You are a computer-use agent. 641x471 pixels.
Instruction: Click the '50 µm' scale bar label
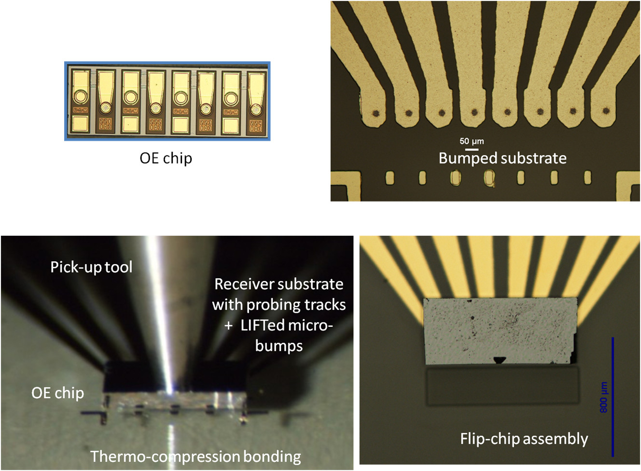[472, 141]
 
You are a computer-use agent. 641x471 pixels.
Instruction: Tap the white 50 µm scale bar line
[472, 149]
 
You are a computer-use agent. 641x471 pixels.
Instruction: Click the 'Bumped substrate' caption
[502, 158]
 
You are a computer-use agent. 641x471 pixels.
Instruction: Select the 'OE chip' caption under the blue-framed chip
[166, 158]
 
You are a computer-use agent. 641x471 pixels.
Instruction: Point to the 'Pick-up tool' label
[91, 267]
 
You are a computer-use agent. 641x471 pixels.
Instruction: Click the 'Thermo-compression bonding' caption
[195, 456]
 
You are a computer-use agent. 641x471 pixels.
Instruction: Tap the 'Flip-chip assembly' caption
[524, 439]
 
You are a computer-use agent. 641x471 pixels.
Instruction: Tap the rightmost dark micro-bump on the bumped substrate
[606, 111]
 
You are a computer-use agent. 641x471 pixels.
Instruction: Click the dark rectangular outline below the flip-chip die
[502, 386]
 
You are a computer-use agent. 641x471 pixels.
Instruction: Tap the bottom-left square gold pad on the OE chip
[80, 124]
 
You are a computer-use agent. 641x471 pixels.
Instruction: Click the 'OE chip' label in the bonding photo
[57, 393]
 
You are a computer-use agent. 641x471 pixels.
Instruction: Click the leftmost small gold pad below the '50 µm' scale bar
[390, 178]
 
